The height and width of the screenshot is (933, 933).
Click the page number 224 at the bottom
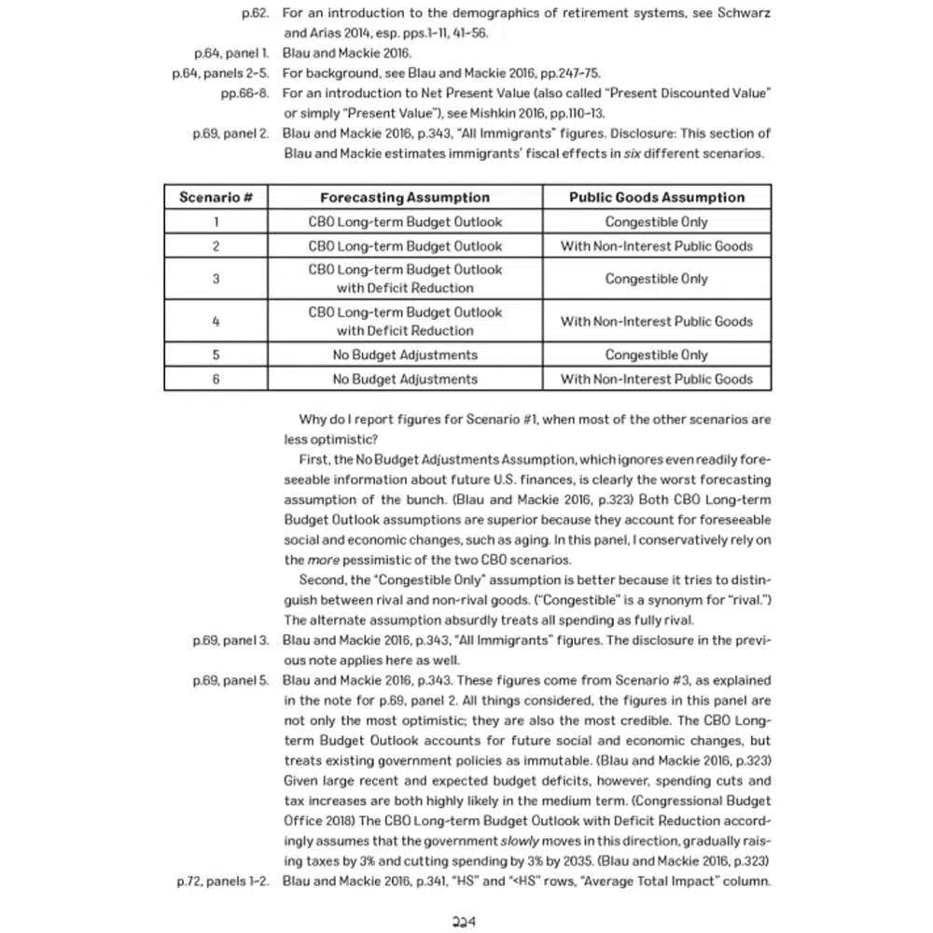click(x=465, y=921)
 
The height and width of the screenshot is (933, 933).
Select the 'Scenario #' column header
click(x=216, y=197)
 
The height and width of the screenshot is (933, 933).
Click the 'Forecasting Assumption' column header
click(x=404, y=197)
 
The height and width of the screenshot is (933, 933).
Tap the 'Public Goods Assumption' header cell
click(x=657, y=197)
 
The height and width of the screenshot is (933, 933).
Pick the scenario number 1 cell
click(x=216, y=222)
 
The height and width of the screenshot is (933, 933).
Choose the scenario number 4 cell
click(x=216, y=321)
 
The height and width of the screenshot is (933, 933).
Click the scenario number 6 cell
click(x=216, y=379)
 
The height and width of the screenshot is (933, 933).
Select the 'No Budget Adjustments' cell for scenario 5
click(x=404, y=355)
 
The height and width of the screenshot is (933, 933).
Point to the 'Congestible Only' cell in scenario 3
click(x=657, y=278)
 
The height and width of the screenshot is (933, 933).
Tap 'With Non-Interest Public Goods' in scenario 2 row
click(x=657, y=246)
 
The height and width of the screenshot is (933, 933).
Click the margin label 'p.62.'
click(x=255, y=14)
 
